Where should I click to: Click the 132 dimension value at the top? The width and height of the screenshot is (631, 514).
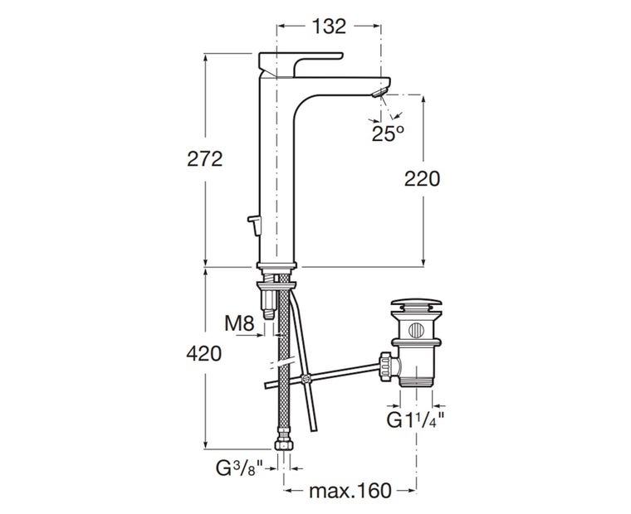[x=330, y=27]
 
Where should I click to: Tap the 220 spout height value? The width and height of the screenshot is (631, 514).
[x=422, y=177]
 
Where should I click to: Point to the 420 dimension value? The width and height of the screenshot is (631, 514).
[x=203, y=353]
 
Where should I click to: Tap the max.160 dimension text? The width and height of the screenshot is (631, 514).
[x=350, y=491]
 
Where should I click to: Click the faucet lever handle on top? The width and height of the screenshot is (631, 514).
[x=299, y=60]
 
